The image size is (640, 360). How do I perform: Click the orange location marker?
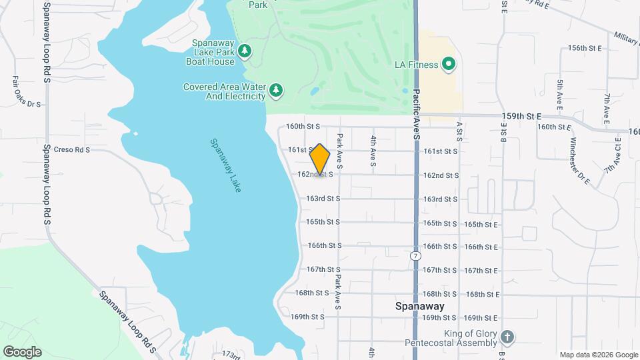pyautogui.click(x=320, y=159)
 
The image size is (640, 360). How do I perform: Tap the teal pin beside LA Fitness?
pyautogui.click(x=449, y=65)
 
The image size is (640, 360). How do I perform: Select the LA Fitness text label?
pyautogui.click(x=416, y=65)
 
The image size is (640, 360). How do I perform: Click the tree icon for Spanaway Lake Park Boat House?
pyautogui.click(x=245, y=51)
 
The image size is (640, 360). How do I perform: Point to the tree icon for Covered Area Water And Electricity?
pyautogui.click(x=275, y=90)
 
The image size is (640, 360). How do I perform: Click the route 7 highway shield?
pyautogui.click(x=416, y=255)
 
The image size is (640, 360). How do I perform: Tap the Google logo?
pyautogui.click(x=22, y=351)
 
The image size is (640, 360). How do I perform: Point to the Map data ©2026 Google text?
pyautogui.click(x=599, y=355)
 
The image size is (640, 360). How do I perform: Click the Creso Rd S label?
pyautogui.click(x=71, y=150)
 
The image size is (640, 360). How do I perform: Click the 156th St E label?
pyautogui.click(x=585, y=49)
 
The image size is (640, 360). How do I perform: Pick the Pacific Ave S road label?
pyautogui.click(x=415, y=114)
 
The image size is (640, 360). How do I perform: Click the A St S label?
pyautogui.click(x=459, y=131)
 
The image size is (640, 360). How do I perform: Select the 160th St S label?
pyautogui.click(x=303, y=126)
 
